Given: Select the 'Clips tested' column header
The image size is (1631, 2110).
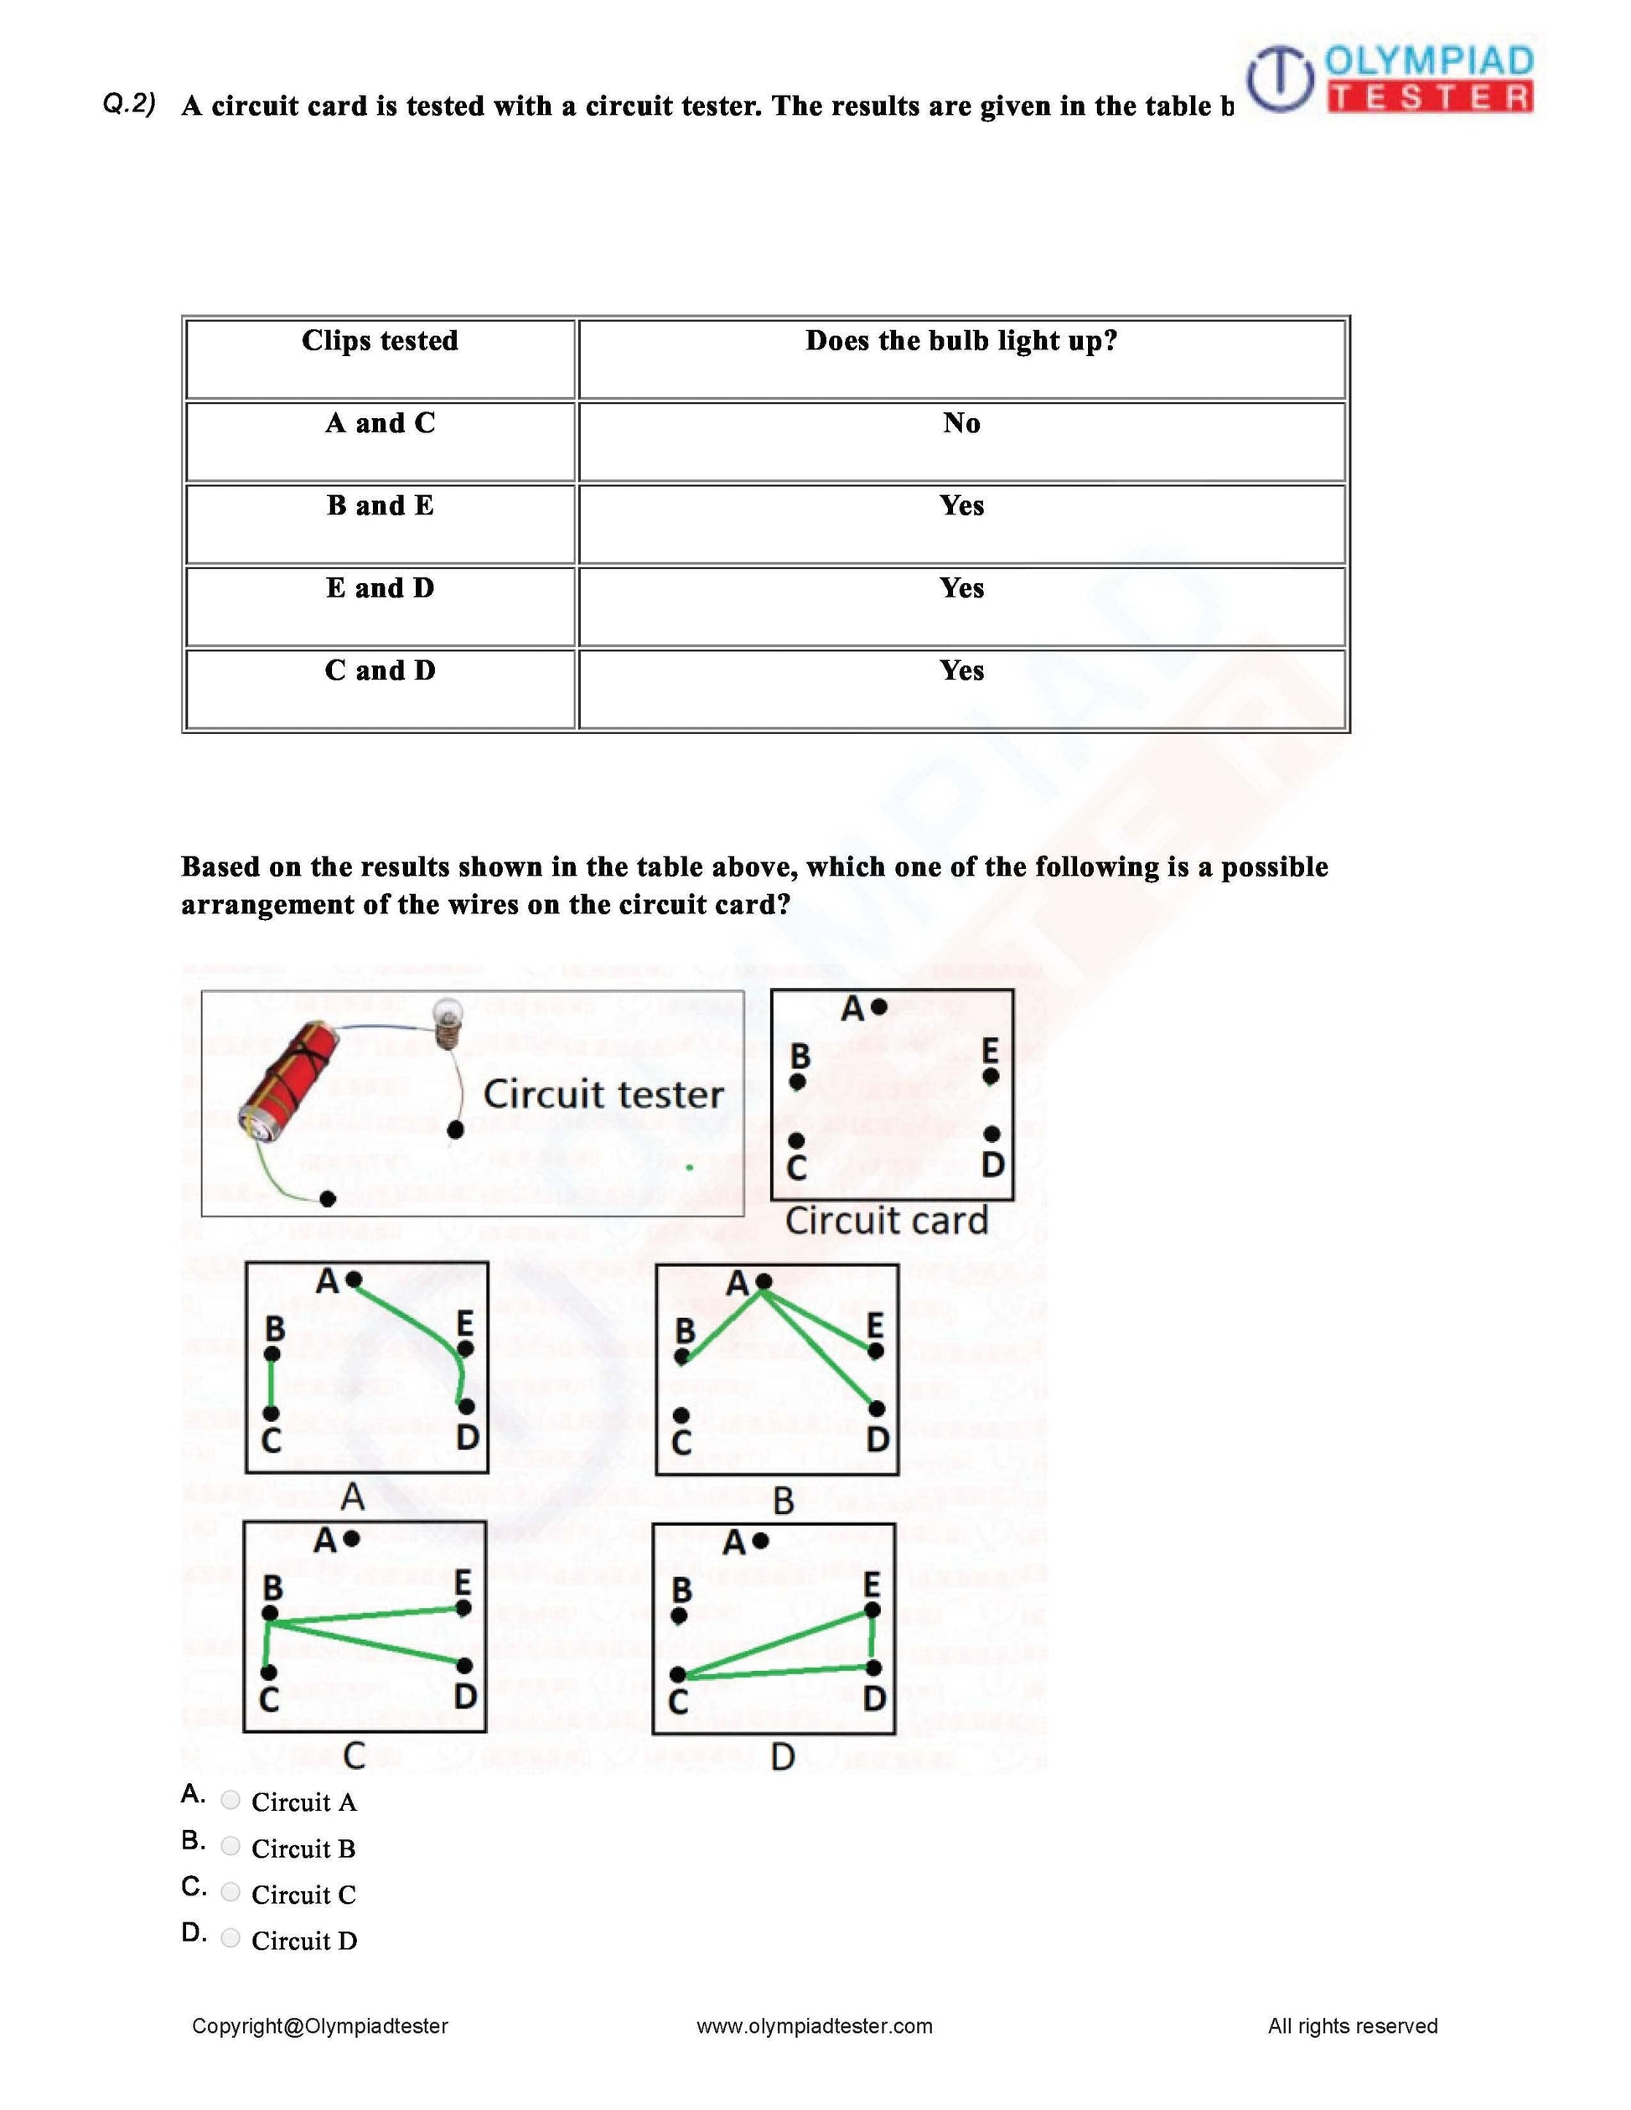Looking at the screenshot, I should click(380, 341).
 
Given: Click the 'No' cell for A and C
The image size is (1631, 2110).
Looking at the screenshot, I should click(961, 423).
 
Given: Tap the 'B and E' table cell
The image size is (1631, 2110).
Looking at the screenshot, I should click(380, 505).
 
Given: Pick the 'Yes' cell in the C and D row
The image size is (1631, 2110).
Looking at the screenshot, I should click(961, 670).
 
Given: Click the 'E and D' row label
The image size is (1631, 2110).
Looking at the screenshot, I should click(380, 588).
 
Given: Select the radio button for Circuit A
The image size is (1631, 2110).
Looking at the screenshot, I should click(230, 1800).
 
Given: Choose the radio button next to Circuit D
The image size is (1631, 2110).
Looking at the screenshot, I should click(230, 1938).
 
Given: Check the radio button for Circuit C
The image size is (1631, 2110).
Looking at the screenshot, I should click(230, 1891).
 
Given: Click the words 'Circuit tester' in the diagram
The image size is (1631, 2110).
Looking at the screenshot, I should click(603, 1094).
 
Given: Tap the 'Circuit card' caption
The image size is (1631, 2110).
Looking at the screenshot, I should click(886, 1221).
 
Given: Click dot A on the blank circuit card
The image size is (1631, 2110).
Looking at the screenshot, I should click(878, 1006).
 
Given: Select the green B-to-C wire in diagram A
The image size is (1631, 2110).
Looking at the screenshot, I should click(272, 1383).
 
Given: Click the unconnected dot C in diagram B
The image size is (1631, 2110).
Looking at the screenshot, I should click(681, 1414).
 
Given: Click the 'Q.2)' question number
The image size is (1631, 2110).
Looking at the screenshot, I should click(129, 105).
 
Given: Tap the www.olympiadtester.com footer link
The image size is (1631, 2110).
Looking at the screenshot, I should click(815, 2026).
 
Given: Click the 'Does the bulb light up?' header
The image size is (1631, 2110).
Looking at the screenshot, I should click(961, 341).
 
